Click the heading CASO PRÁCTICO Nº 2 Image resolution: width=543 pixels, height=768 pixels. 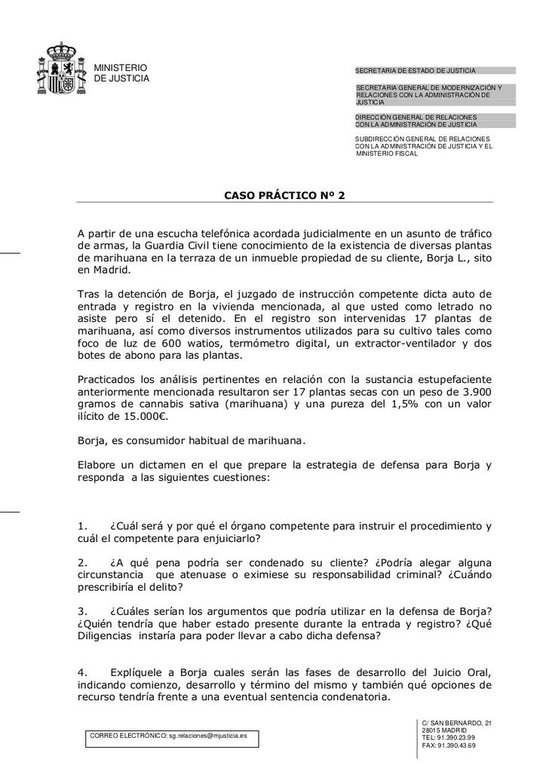click(285, 195)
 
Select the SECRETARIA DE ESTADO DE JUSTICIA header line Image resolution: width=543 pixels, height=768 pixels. click(416, 71)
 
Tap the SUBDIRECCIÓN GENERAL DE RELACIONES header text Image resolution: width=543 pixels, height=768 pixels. click(422, 139)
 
